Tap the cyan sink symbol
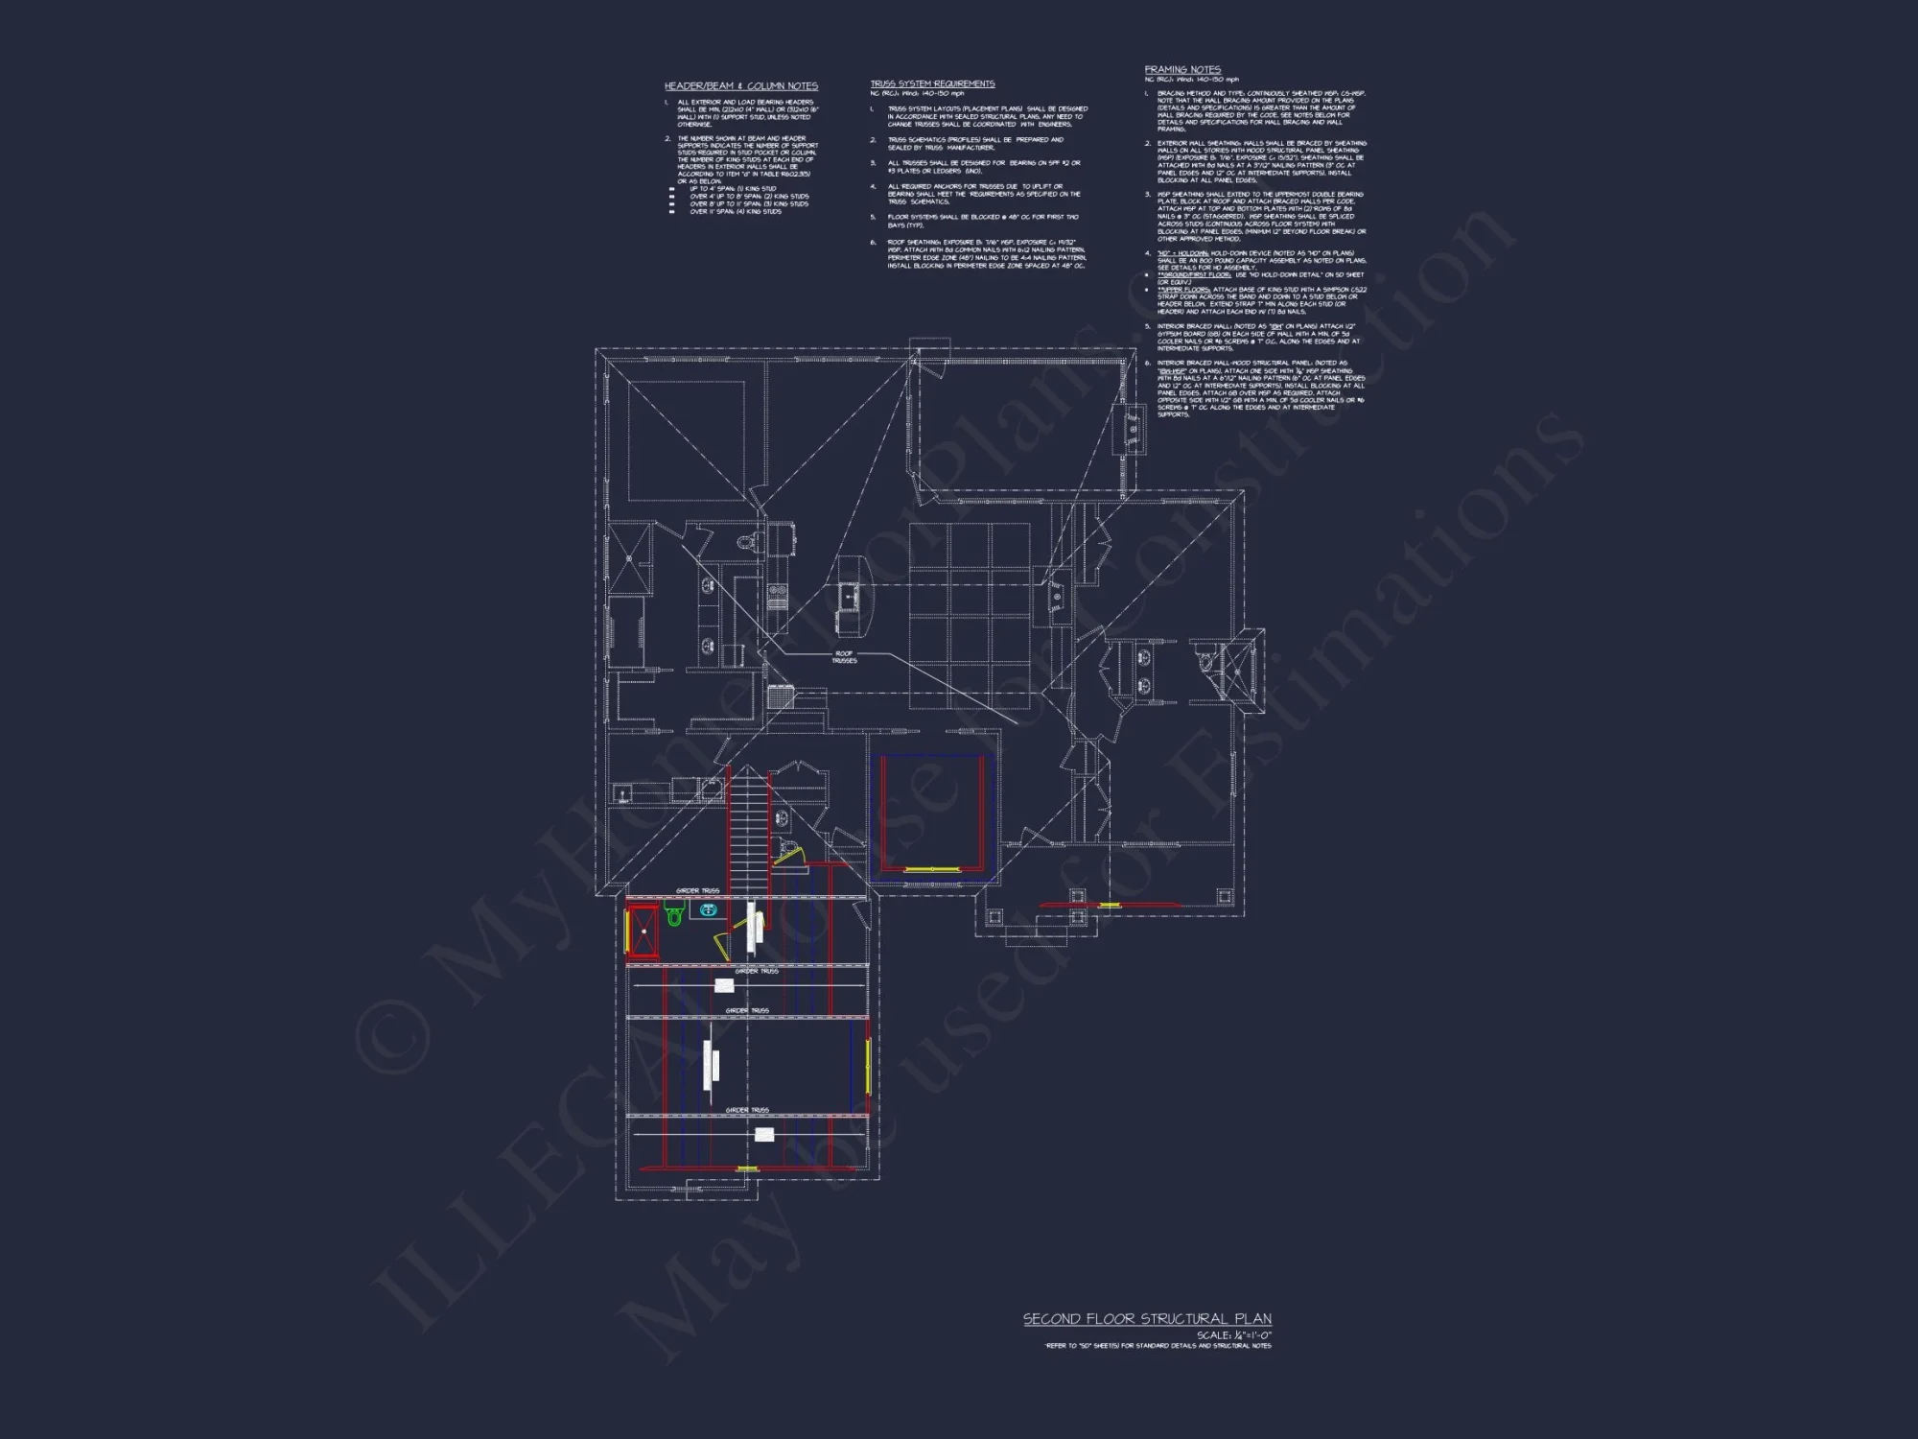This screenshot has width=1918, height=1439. (709, 909)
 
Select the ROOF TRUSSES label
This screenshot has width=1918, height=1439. (844, 657)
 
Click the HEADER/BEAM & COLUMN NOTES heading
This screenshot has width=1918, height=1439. (740, 86)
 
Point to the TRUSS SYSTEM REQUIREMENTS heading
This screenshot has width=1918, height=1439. (932, 84)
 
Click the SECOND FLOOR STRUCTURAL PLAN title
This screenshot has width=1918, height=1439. (1147, 1319)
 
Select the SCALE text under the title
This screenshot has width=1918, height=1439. (1233, 1335)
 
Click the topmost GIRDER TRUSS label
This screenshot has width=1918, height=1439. (697, 891)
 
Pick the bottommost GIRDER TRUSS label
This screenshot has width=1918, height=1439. (747, 1110)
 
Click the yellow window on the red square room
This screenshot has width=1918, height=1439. (931, 869)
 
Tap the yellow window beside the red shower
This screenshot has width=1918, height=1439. (627, 931)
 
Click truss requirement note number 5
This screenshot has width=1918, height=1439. (982, 221)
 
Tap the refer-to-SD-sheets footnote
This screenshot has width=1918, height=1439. (1158, 1346)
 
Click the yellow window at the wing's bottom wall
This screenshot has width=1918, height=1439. (746, 1168)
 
